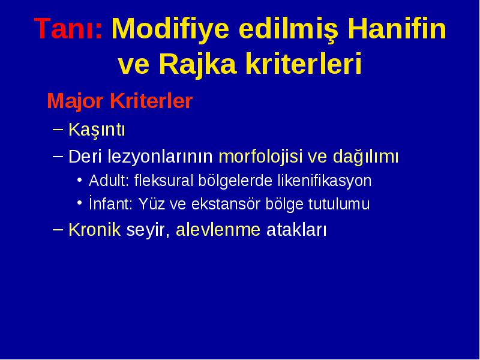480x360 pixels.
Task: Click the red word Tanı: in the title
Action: (68, 28)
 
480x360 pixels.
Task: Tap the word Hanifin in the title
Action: (397, 28)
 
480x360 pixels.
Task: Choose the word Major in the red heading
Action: (75, 101)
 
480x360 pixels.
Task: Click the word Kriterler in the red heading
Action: (151, 100)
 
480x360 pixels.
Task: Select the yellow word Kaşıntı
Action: (97, 130)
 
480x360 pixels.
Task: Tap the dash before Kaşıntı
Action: (58, 129)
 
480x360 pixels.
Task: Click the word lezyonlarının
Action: (160, 157)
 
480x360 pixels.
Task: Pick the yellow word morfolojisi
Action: (260, 157)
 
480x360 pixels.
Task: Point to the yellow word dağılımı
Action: (365, 157)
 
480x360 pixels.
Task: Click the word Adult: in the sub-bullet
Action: (109, 181)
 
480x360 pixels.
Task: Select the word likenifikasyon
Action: (325, 181)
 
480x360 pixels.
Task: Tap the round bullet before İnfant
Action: (80, 202)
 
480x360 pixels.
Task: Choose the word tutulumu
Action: (339, 204)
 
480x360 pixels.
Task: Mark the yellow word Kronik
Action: (95, 230)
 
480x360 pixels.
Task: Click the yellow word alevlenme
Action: (218, 230)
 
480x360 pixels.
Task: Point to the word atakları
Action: (296, 230)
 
